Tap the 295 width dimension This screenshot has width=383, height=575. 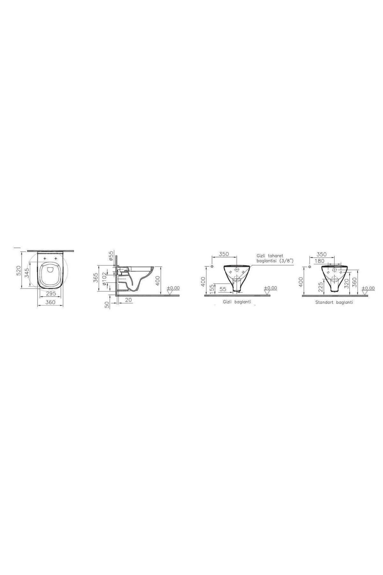51,293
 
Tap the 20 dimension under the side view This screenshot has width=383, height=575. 128,300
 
